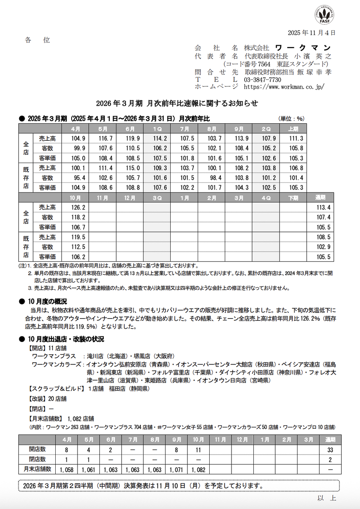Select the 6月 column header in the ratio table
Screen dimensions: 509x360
point(129,129)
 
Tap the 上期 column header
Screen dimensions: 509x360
point(293,129)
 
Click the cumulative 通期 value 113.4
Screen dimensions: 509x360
point(323,207)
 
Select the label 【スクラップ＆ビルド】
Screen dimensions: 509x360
point(56,389)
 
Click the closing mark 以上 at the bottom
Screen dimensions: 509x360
point(327,498)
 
